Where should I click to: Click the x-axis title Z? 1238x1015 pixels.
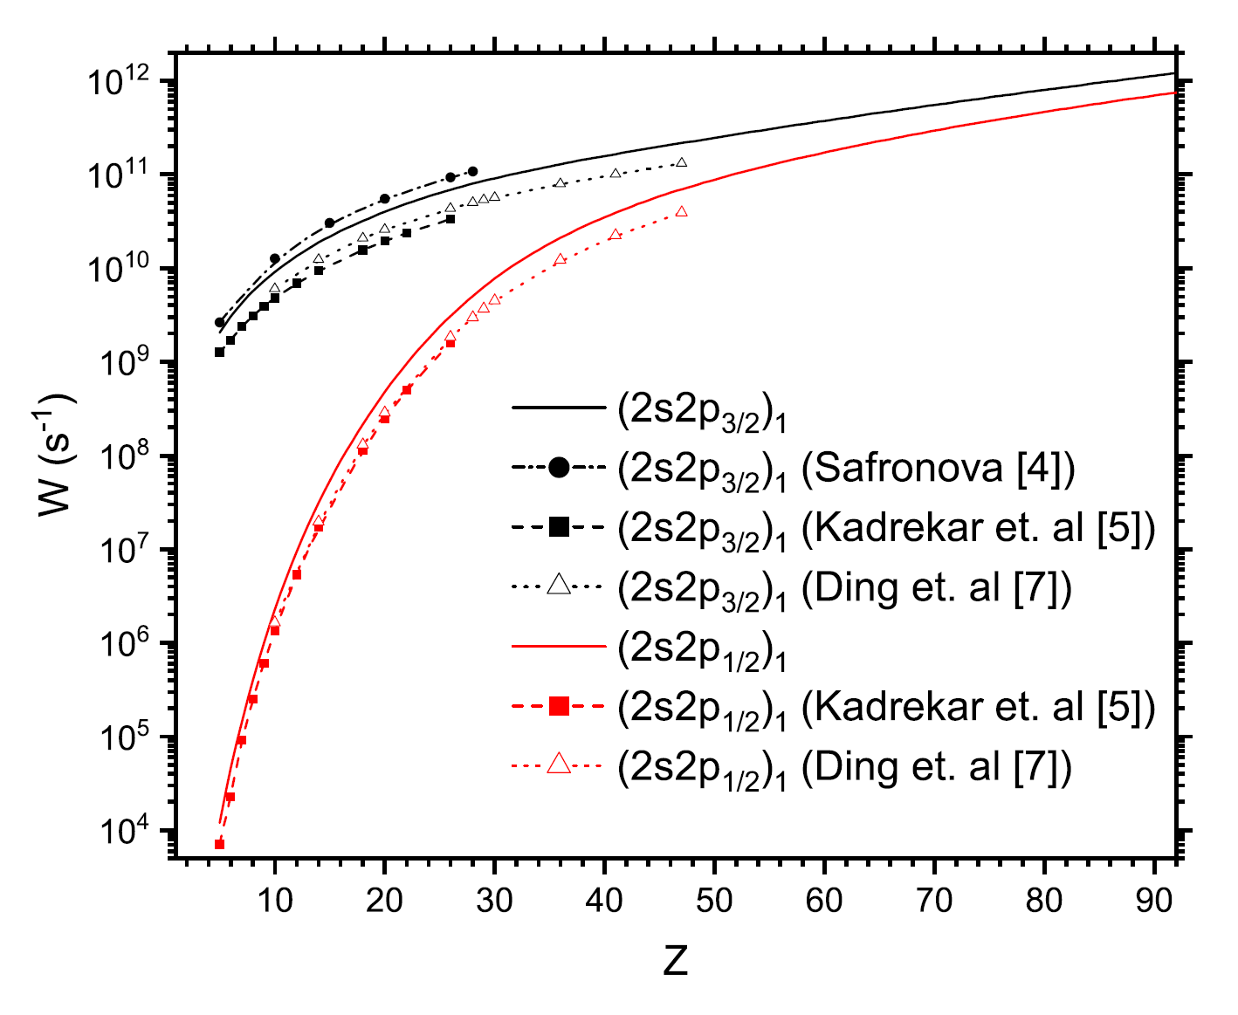click(x=675, y=960)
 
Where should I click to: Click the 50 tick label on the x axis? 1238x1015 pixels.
click(x=714, y=900)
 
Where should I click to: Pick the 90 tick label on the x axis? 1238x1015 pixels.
click(x=1154, y=900)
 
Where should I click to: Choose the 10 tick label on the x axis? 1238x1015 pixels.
click(x=274, y=900)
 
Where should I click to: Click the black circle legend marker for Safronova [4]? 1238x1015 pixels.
click(x=559, y=468)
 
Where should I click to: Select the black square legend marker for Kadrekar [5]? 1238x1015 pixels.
click(x=559, y=527)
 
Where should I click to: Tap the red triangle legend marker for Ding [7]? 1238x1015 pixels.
click(x=559, y=765)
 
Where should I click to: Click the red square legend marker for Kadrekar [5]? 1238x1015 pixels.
click(x=559, y=707)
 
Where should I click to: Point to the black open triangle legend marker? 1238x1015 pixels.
click(x=559, y=586)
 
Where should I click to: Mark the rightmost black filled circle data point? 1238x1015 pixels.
click(x=472, y=172)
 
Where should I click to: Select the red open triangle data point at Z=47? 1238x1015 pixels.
click(x=681, y=211)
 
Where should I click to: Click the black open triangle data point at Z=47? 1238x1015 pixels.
click(x=681, y=162)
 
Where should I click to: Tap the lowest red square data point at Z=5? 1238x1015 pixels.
click(x=219, y=844)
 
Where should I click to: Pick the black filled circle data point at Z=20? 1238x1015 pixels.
click(x=384, y=199)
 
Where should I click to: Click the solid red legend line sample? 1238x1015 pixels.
click(x=559, y=647)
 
